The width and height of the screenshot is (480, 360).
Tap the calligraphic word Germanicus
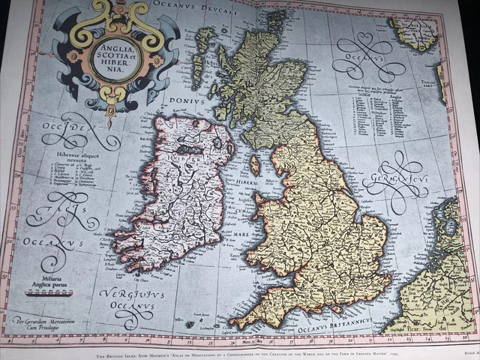pyautogui.click(x=395, y=179)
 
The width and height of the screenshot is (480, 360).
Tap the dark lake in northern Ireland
pyautogui.click(x=191, y=151)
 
